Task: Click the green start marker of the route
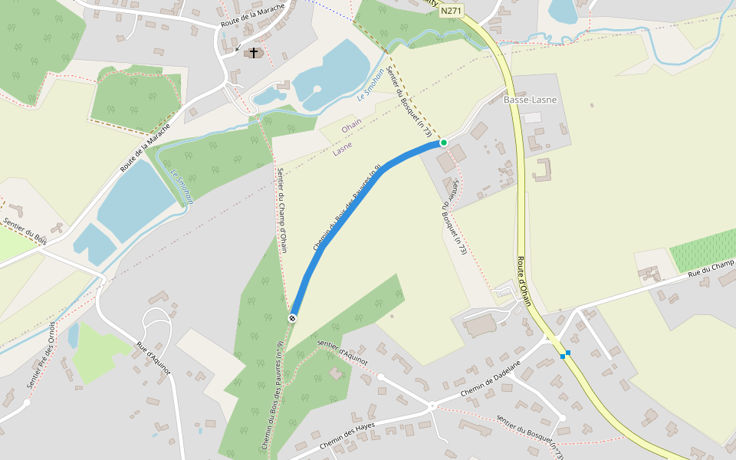coord(443,143)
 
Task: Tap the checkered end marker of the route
coord(292,318)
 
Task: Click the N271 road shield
coord(452,12)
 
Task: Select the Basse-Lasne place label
coord(530,100)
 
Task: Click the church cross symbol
coord(254,52)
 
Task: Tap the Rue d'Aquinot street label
coord(153,358)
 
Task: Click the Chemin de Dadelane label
coord(491,379)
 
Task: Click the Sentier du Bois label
coord(25,232)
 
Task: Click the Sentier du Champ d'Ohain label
coord(282,210)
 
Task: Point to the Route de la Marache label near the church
coord(252,15)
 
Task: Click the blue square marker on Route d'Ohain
coord(565,354)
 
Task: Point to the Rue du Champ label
coord(711,268)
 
